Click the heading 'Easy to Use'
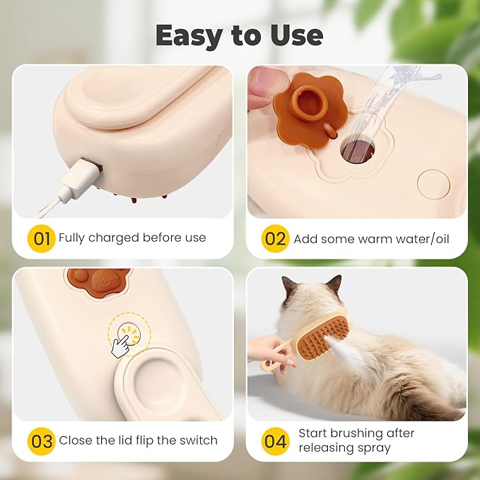(240, 35)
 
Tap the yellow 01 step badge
(42, 238)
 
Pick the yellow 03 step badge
(42, 440)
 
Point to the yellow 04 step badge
(276, 440)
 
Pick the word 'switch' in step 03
(199, 440)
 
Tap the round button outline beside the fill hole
(433, 184)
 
